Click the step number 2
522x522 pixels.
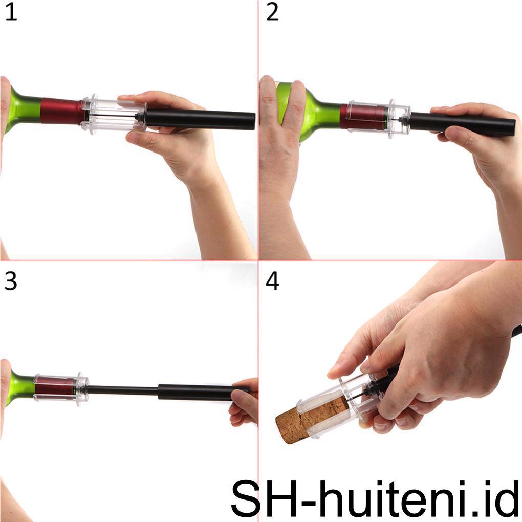pyautogui.click(x=272, y=13)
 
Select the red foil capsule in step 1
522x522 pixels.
pyautogui.click(x=61, y=111)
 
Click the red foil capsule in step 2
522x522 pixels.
pyautogui.click(x=361, y=117)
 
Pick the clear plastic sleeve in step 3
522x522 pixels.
pyautogui.click(x=59, y=388)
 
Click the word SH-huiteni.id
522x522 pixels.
pyautogui.click(x=375, y=497)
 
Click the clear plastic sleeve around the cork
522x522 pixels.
pyautogui.click(x=333, y=404)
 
